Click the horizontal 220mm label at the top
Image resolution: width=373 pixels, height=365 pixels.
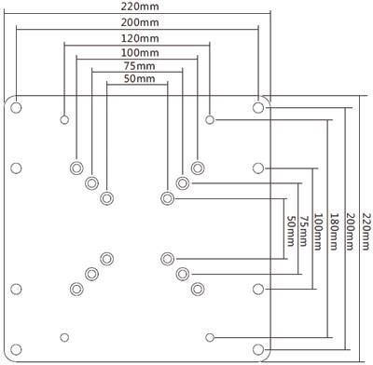click(x=140, y=7)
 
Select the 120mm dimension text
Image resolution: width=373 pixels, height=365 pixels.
click(x=140, y=38)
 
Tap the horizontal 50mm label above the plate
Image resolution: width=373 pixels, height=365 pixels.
click(x=139, y=78)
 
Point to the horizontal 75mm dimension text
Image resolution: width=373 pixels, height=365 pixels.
click(x=139, y=66)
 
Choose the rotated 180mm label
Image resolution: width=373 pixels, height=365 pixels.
click(x=334, y=231)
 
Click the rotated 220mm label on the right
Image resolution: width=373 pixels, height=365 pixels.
click(x=367, y=231)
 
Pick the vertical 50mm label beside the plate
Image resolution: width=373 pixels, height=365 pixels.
click(x=290, y=231)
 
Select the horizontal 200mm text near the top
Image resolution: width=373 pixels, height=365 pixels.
click(x=140, y=22)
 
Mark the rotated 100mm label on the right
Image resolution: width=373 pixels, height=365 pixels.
click(x=317, y=231)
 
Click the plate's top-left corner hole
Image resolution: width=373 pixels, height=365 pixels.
click(x=16, y=108)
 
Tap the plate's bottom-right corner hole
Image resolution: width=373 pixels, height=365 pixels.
click(x=258, y=349)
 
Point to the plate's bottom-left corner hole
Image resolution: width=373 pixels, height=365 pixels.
click(x=16, y=349)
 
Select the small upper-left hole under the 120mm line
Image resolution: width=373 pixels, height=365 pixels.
click(x=64, y=119)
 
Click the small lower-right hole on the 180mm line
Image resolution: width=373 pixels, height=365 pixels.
click(x=210, y=337)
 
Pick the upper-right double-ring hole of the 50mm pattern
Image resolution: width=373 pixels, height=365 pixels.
click(x=168, y=198)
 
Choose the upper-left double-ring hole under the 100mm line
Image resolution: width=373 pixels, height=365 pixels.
click(x=76, y=169)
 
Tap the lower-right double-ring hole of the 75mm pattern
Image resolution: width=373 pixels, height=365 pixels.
click(x=183, y=274)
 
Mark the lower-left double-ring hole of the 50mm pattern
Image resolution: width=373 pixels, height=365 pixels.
click(x=107, y=259)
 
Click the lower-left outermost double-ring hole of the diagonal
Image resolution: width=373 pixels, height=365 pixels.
click(x=76, y=290)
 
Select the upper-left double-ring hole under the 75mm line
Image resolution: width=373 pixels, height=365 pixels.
click(x=91, y=183)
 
